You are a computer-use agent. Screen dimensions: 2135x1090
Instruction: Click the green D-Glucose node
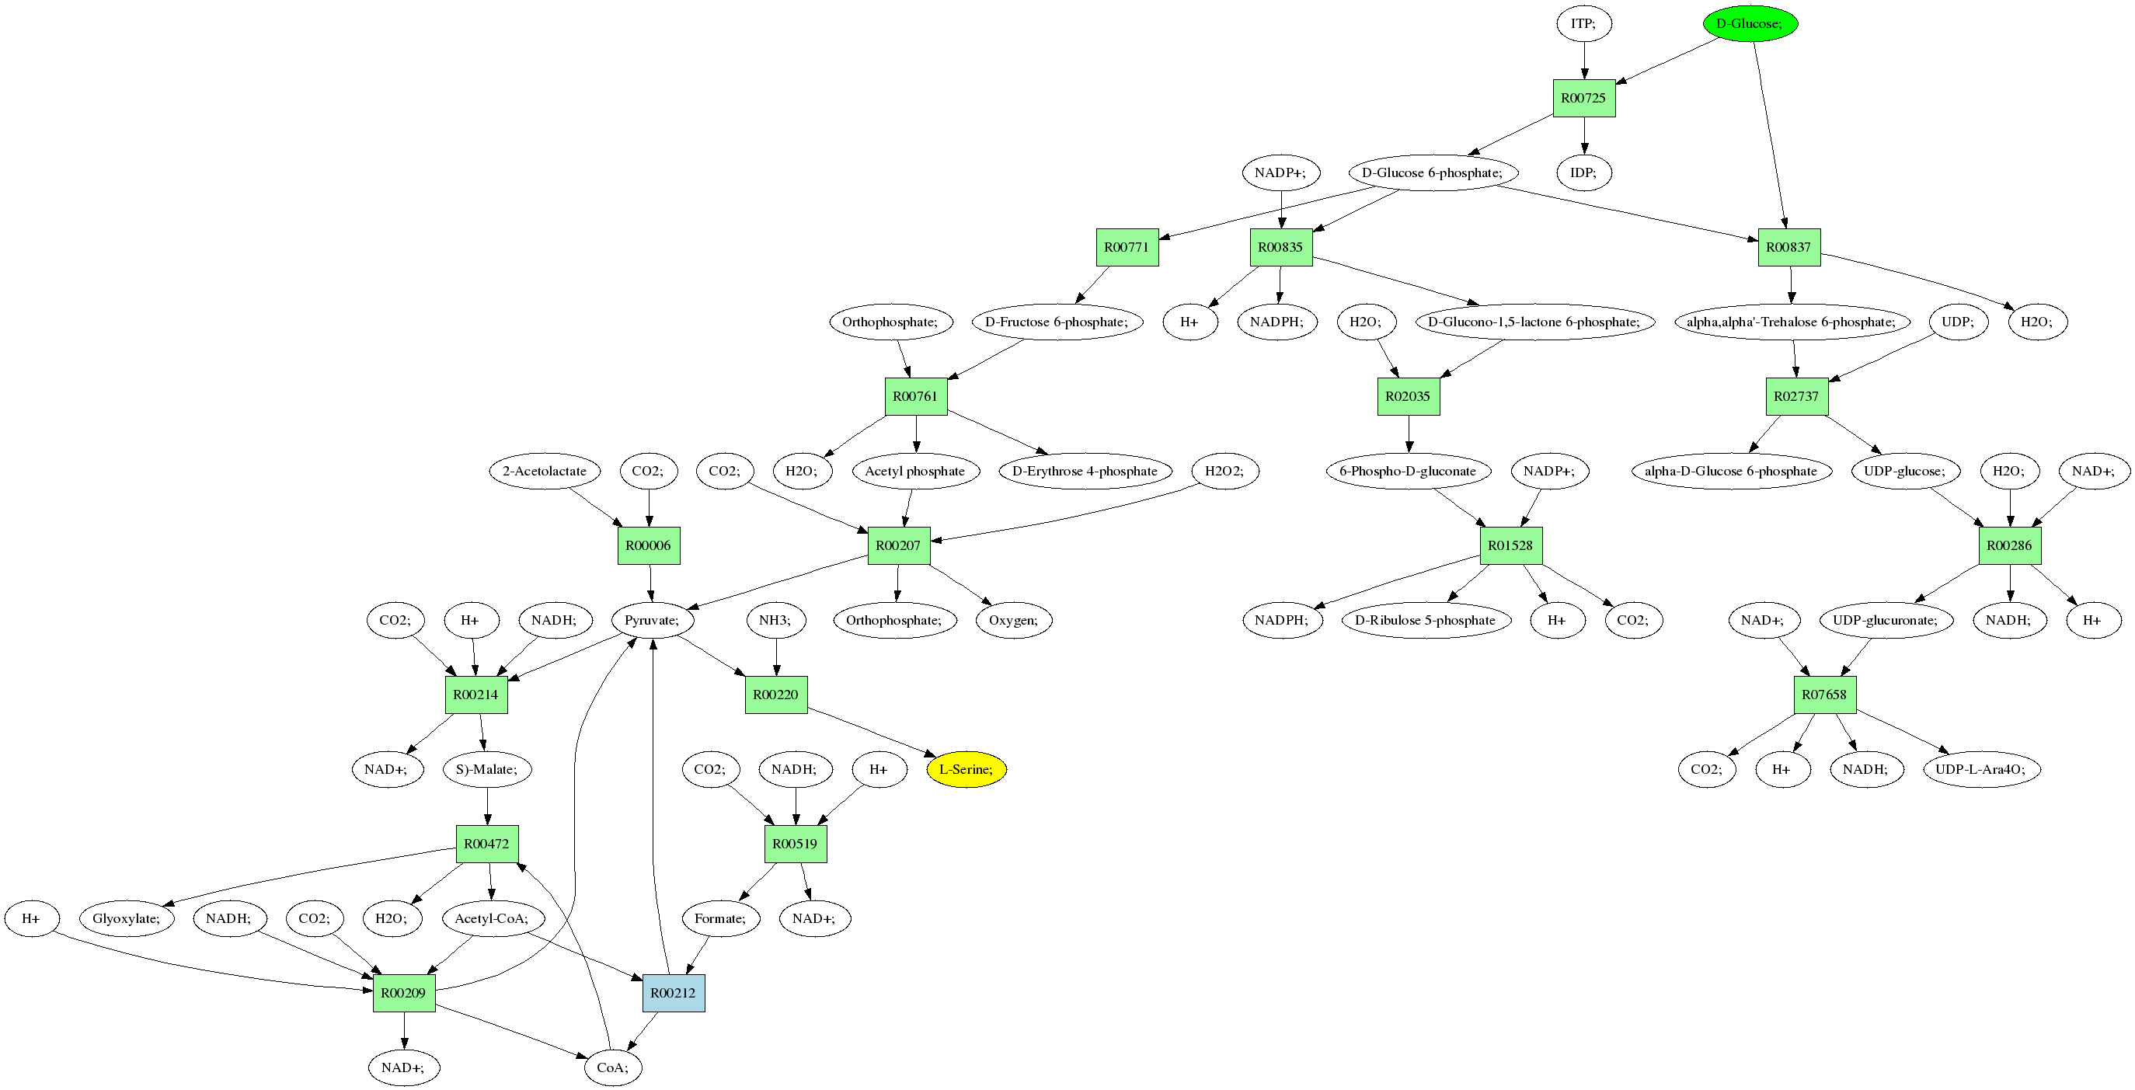click(x=1750, y=23)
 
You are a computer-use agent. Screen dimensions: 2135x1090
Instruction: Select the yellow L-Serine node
click(x=966, y=769)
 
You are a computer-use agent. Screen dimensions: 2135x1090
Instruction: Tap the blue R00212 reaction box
click(x=673, y=993)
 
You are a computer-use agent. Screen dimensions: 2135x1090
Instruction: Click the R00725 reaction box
click(x=1584, y=98)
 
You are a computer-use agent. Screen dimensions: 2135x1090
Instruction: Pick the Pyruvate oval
click(x=653, y=620)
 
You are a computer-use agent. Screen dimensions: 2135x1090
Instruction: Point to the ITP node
click(x=1584, y=23)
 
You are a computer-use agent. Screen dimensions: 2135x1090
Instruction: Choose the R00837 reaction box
click(x=1789, y=247)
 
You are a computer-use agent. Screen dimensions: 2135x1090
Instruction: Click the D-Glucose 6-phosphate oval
click(x=1433, y=172)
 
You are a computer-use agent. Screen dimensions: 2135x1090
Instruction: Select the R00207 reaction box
click(x=898, y=545)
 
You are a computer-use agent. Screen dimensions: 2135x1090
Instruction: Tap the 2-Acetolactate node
click(x=545, y=471)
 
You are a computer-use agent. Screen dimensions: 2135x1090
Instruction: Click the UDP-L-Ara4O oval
click(x=1981, y=769)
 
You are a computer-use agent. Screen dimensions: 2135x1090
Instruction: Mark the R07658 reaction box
click(x=1824, y=695)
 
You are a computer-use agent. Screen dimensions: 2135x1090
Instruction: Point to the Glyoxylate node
click(x=127, y=918)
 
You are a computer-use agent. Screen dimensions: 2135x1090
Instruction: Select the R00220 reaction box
click(x=775, y=695)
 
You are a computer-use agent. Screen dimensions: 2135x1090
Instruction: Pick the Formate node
click(x=721, y=918)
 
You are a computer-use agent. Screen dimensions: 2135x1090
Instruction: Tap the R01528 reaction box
click(x=1511, y=545)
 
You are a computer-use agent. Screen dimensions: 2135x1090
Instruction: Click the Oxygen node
click(x=1014, y=620)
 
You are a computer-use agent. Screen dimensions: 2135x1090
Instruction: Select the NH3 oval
click(x=775, y=620)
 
